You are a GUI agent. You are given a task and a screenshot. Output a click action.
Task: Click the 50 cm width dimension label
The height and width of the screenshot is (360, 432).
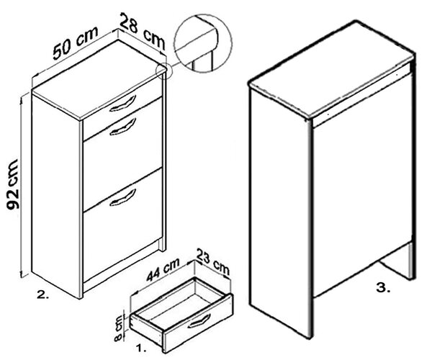point(76,42)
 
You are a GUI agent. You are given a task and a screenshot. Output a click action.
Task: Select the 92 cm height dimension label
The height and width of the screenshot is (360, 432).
point(13,184)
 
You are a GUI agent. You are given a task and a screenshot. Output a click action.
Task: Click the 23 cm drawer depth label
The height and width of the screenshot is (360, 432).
point(213,261)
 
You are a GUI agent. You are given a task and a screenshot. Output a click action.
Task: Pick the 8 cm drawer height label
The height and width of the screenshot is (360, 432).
point(120,328)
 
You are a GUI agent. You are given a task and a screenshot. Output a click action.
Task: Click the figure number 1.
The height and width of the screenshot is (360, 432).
point(141,348)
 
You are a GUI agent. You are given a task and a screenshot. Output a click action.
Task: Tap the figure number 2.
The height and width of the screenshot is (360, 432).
point(43,295)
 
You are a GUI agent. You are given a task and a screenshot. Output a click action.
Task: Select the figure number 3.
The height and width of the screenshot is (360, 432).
point(383,288)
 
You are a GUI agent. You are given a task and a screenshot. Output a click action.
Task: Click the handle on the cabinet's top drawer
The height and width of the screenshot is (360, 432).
point(123,104)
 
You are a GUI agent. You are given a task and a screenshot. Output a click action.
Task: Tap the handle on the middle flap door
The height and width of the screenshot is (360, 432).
point(123,127)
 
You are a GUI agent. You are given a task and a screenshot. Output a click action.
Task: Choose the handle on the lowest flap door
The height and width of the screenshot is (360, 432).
point(123,197)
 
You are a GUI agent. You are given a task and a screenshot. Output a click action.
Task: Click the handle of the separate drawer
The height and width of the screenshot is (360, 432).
point(199,321)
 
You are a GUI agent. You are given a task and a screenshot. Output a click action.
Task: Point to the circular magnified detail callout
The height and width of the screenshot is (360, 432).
point(203,43)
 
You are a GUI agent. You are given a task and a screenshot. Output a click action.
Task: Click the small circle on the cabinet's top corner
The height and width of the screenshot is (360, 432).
point(164,71)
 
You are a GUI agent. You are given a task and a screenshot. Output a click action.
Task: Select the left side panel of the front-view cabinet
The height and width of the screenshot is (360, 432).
point(57,196)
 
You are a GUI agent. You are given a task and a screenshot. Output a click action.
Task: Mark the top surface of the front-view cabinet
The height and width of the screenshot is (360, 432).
point(99,80)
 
